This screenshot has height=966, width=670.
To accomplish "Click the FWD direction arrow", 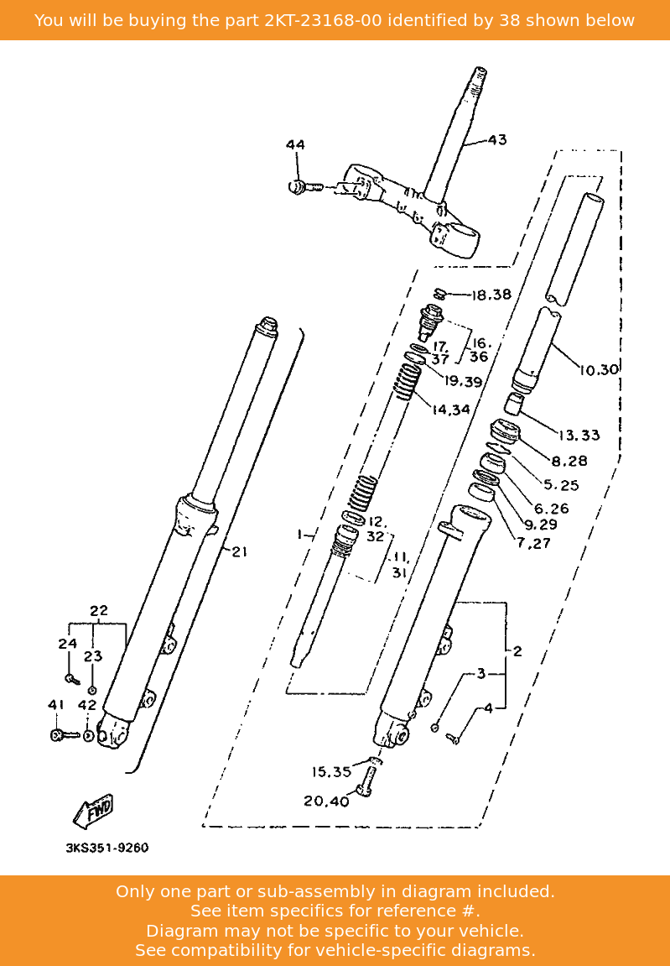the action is (x=93, y=811).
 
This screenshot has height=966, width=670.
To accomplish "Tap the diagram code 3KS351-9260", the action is (x=107, y=848).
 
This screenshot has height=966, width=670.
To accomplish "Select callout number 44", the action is (x=295, y=145).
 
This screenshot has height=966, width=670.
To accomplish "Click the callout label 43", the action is (x=497, y=140).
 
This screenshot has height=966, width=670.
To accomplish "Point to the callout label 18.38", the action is (x=491, y=295).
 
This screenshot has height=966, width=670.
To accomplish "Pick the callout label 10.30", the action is (x=599, y=369).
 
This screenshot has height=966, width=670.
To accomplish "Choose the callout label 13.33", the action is (x=579, y=435).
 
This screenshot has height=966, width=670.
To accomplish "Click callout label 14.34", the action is (x=451, y=409).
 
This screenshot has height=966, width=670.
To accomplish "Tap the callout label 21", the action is (x=239, y=551).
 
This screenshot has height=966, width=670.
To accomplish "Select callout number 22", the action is (x=99, y=610).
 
